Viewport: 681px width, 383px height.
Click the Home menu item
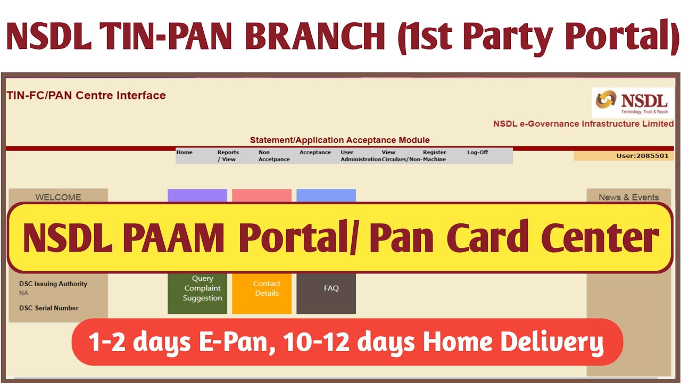[184, 152]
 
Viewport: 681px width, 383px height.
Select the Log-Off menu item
[477, 152]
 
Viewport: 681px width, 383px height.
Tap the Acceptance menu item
[315, 152]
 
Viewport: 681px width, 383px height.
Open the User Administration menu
[361, 156]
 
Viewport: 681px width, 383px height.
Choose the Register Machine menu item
[435, 156]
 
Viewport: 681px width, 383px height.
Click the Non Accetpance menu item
[274, 156]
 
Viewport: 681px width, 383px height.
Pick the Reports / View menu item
[228, 156]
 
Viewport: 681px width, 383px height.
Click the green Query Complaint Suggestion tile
[197, 293]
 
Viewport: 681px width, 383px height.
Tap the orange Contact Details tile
[262, 293]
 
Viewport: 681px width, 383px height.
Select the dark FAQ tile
[326, 293]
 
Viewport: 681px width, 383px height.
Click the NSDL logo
[632, 103]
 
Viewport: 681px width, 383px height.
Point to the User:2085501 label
[642, 156]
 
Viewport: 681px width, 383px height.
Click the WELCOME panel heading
[58, 197]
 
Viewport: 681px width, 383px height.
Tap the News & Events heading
[628, 197]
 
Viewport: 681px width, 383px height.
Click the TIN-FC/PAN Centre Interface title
[86, 95]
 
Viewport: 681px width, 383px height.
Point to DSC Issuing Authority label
[53, 284]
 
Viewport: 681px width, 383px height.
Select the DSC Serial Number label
[48, 308]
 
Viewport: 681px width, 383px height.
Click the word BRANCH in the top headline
[315, 36]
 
